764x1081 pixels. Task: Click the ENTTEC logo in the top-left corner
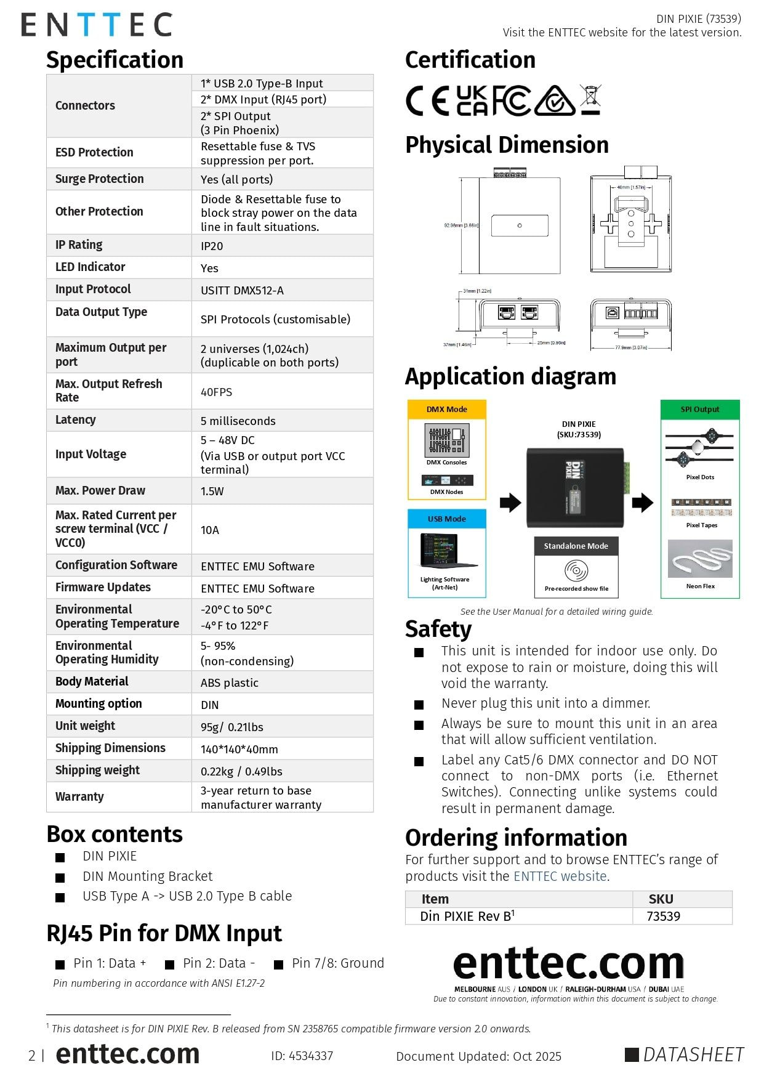point(97,25)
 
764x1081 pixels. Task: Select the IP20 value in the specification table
point(212,246)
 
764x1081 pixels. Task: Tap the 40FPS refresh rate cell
point(216,392)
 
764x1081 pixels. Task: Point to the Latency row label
point(76,420)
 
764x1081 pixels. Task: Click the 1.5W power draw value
point(212,491)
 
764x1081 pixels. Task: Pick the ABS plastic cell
point(229,682)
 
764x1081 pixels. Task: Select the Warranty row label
point(79,797)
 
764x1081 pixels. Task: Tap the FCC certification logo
point(511,101)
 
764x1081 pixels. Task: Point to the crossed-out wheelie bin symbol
point(590,100)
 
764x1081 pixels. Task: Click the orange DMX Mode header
point(447,410)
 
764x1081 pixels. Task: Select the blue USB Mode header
point(447,519)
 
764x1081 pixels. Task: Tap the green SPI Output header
point(700,410)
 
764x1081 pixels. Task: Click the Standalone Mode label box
point(576,546)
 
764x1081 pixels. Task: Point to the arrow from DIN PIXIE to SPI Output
point(643,503)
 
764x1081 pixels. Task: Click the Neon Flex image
point(700,559)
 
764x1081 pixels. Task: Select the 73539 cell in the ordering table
point(664,917)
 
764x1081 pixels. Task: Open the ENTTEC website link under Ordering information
point(560,877)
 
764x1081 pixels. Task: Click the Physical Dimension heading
point(507,145)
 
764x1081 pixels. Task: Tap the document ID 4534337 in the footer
point(302,1056)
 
